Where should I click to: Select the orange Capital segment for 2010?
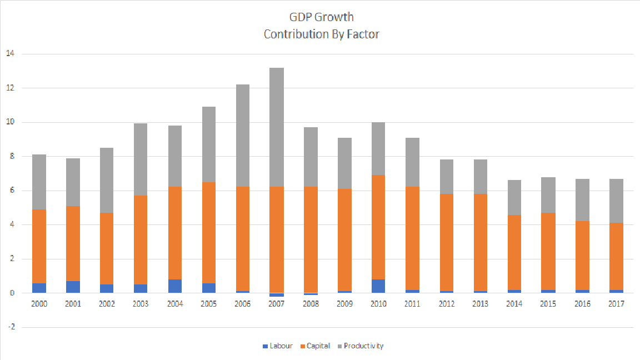(379, 227)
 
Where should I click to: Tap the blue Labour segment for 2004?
(174, 286)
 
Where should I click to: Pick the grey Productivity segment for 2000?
(39, 182)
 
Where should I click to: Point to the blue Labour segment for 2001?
(73, 287)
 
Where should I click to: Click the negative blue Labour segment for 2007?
(277, 295)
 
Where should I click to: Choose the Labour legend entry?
(277, 346)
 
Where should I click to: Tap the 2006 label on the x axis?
(243, 304)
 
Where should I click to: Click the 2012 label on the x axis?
(447, 304)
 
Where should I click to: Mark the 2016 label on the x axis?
(582, 304)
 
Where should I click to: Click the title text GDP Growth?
(321, 17)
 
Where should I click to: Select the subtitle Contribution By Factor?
(321, 34)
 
